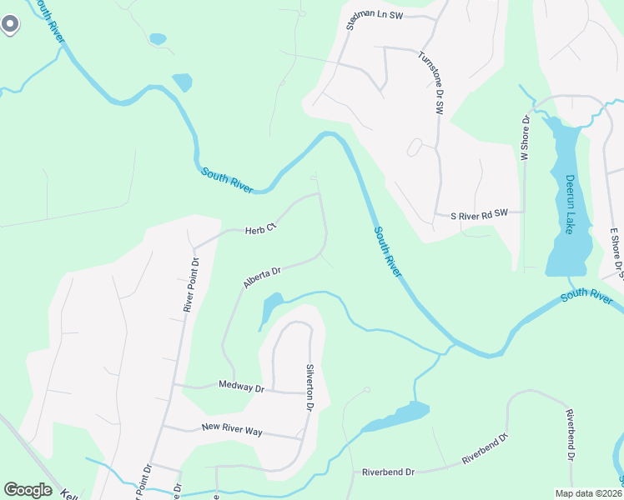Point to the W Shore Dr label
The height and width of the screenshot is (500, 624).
pos(525,137)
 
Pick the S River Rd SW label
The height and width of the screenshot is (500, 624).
pos(479,214)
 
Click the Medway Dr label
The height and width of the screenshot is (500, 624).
pos(240,387)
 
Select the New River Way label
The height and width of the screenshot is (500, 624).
pos(232,428)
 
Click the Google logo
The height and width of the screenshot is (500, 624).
pos(28,489)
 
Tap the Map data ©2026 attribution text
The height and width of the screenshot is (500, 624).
pos(587,493)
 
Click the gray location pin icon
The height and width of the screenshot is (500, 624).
pos(9,25)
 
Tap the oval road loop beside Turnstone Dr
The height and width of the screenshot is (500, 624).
pos(414,147)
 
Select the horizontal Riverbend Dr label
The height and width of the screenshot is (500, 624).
pos(388,472)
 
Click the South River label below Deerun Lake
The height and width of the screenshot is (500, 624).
pos(586,294)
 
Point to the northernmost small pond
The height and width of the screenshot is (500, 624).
pos(157,38)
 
